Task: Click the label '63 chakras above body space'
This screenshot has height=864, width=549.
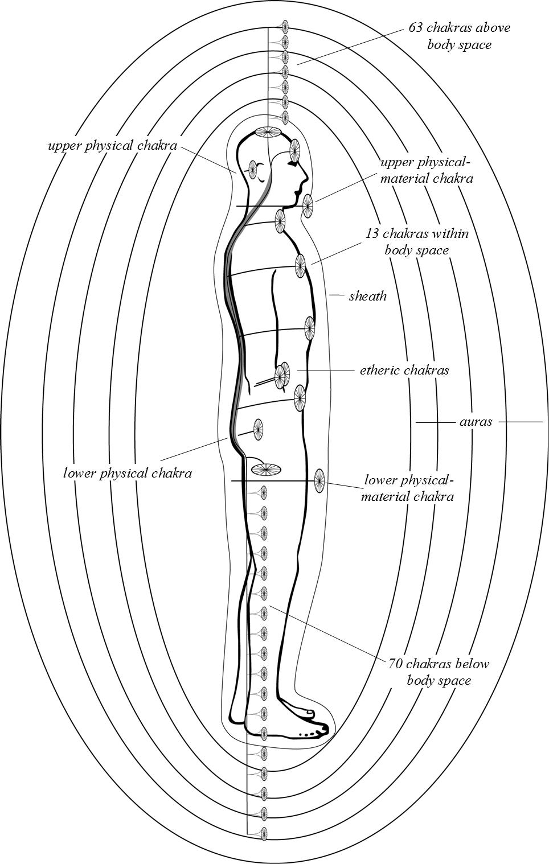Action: point(459,36)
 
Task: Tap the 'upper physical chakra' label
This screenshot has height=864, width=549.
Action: point(112,146)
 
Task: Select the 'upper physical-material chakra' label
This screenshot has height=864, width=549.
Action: point(427,170)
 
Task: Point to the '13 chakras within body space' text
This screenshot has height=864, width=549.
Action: point(417,242)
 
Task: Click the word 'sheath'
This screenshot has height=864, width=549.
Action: point(367,296)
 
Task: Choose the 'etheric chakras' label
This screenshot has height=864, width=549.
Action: point(404,371)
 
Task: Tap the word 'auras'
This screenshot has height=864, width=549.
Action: point(476,422)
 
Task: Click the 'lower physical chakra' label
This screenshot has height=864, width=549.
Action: point(128,473)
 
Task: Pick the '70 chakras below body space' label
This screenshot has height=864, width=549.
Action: point(439,672)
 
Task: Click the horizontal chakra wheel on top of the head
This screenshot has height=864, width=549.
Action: point(268,133)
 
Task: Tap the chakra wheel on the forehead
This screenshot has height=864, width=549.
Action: point(294,150)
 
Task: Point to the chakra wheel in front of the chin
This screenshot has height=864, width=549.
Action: point(308,205)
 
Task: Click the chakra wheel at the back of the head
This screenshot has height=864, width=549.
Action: point(252,168)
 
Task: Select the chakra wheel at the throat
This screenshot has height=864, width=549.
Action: point(280,221)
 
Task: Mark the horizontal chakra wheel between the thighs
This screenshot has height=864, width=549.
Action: point(266,470)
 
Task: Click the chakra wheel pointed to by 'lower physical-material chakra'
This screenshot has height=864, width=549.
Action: point(319,481)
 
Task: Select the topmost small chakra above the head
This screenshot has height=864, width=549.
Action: point(285,26)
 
